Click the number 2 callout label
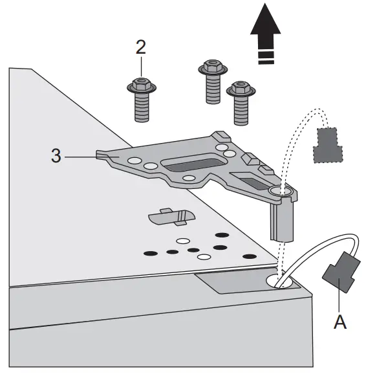pyautogui.click(x=140, y=47)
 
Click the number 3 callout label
pyautogui.click(x=56, y=155)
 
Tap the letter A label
pyautogui.click(x=340, y=322)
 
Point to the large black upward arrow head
pyautogui.click(x=265, y=22)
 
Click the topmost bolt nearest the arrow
pyautogui.click(x=213, y=82)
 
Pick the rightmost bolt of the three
pyautogui.click(x=241, y=103)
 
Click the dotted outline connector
pyautogui.click(x=328, y=146)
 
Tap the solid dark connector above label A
pyautogui.click(x=341, y=272)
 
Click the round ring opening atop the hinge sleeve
pyautogui.click(x=281, y=191)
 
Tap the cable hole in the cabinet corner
pyautogui.click(x=279, y=281)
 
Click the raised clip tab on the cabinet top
pyautogui.click(x=171, y=217)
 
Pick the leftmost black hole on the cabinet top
pyautogui.click(x=150, y=253)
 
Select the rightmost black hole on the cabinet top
pyautogui.click(x=250, y=256)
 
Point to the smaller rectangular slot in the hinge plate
pyautogui.click(x=249, y=181)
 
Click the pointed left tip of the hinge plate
pyautogui.click(x=97, y=155)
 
